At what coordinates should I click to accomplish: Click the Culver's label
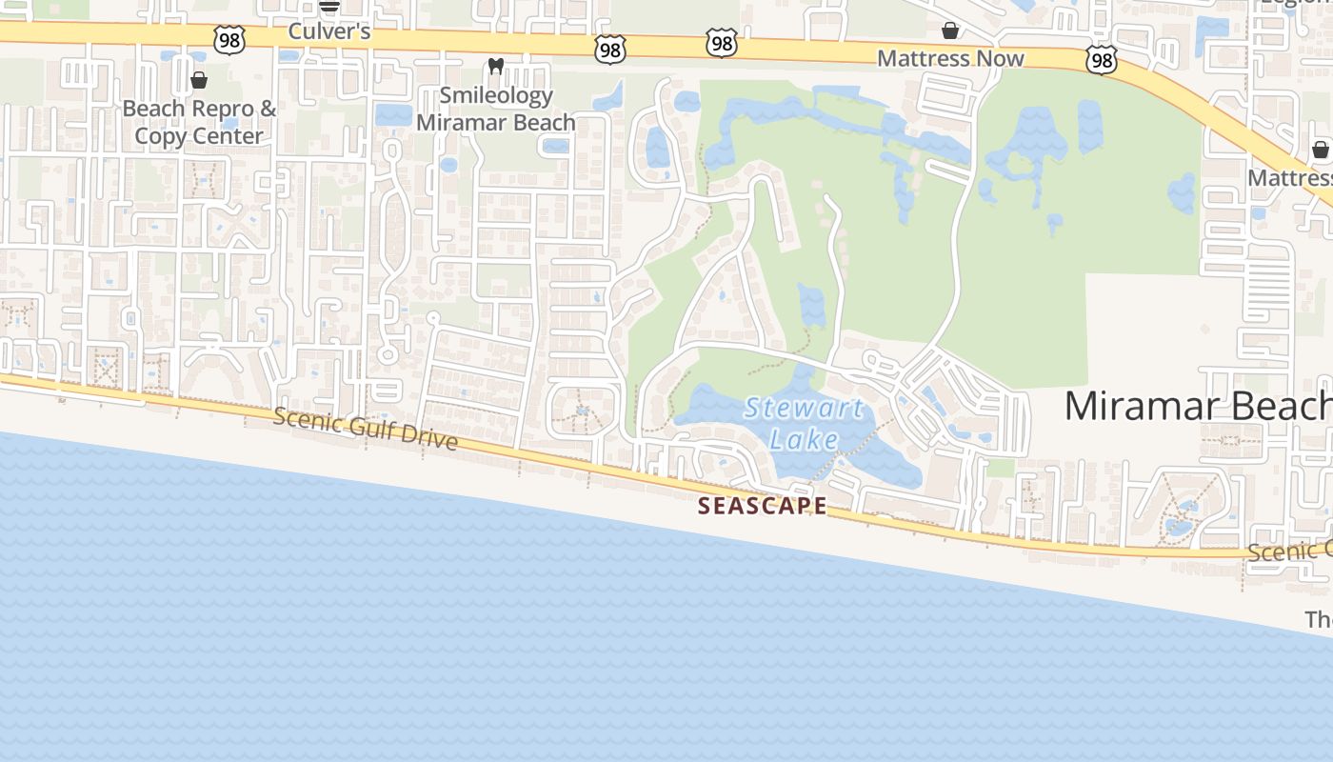tap(328, 31)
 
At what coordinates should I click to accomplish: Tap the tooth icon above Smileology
tap(495, 67)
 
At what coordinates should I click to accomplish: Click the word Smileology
tap(496, 95)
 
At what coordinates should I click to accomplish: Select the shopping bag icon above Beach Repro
tap(199, 79)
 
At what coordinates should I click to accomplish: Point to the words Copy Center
tap(199, 136)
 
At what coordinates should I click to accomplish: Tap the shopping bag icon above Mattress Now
tap(950, 31)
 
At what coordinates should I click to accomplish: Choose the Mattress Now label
tap(950, 58)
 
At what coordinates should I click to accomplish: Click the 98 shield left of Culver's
tap(230, 40)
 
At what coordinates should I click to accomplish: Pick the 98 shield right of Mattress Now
tap(1101, 61)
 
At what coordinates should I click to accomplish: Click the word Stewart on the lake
tap(805, 410)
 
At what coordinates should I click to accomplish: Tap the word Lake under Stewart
tap(805, 439)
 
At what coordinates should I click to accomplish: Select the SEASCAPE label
tap(762, 506)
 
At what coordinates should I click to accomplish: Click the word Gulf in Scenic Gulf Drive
tap(365, 429)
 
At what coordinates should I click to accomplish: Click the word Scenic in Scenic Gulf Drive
tap(304, 419)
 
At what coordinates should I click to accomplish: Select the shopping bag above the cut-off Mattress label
tap(1320, 150)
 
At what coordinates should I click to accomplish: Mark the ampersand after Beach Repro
tap(268, 109)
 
